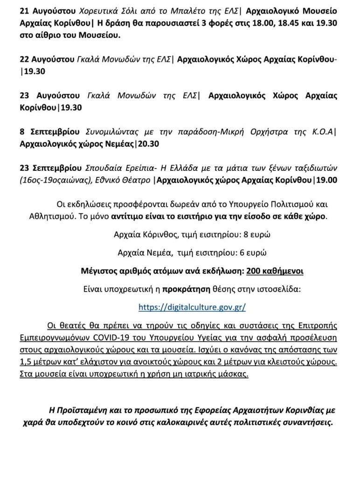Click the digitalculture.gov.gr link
[192, 307]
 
